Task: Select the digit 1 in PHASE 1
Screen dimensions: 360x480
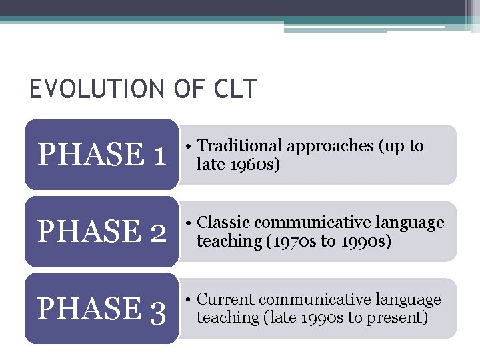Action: point(158,155)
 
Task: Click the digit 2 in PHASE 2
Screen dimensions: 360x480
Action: point(158,232)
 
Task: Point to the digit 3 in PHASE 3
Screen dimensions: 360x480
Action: point(158,309)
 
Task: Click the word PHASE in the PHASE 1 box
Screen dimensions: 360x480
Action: point(89,155)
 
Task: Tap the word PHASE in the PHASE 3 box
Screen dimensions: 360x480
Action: point(89,309)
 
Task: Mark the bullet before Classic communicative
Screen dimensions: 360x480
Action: point(190,223)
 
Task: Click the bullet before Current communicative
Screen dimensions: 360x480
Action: point(190,301)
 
